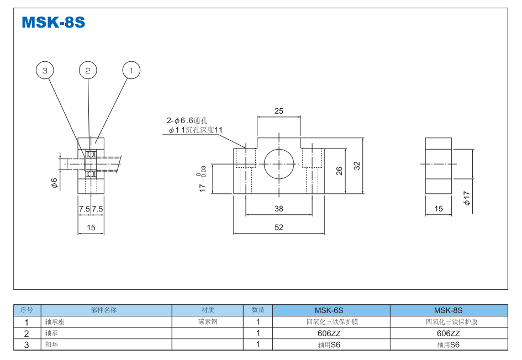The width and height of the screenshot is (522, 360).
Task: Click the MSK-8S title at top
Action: coord(53,23)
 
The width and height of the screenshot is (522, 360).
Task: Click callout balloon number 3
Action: coord(45,70)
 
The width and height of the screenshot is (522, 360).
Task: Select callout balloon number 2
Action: coord(88,70)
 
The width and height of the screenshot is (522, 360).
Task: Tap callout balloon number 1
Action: coord(131,70)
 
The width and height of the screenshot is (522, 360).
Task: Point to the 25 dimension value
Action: coord(279,111)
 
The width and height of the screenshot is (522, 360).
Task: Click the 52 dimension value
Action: coord(279,227)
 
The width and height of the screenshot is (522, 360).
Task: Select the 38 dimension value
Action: coord(279,209)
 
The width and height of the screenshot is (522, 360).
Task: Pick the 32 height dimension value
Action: coord(357,165)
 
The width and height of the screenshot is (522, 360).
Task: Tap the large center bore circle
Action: coord(279,163)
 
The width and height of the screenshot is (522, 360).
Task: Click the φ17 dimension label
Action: coord(467,199)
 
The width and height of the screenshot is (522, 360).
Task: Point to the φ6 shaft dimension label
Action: coord(55,183)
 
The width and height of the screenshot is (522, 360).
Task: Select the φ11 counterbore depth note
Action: coord(196,130)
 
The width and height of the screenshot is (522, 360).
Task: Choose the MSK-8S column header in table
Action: coord(448,310)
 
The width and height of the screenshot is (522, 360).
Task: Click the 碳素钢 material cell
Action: coord(208,321)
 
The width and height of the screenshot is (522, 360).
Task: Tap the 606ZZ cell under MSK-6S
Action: coord(331,333)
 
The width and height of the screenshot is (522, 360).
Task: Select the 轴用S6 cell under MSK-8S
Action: coord(448,345)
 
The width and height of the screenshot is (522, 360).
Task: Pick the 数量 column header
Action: coord(258,310)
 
